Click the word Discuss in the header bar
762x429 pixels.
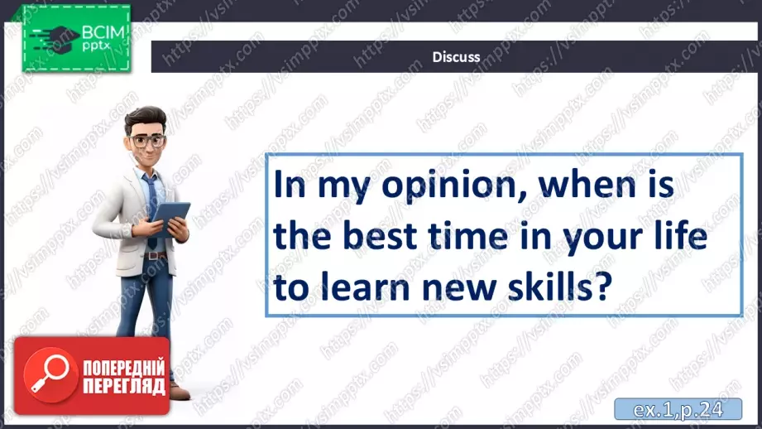click(x=456, y=57)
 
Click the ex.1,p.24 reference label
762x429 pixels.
click(x=678, y=409)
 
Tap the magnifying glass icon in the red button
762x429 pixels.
click(x=50, y=374)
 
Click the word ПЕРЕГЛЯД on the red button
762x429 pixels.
click(x=124, y=387)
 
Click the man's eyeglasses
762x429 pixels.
click(x=146, y=142)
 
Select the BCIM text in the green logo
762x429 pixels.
click(x=103, y=32)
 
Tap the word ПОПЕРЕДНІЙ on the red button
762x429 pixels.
click(x=124, y=369)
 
